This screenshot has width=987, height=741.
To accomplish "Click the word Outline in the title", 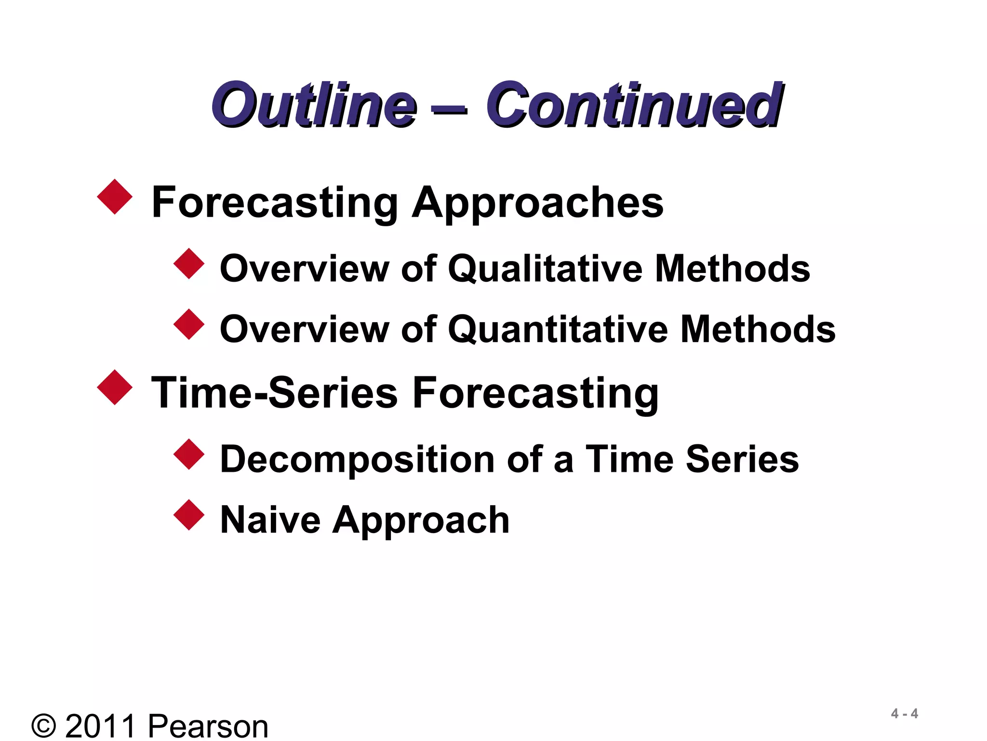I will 314,105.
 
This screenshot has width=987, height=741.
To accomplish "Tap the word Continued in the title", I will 634,105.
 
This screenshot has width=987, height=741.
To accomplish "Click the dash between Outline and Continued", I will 449,110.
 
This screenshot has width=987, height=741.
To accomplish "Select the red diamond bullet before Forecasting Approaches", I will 115,197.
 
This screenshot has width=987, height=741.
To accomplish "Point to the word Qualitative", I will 545,269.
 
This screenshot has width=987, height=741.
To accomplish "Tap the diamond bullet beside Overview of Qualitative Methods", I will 189,264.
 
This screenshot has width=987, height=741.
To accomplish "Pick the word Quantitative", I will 558,329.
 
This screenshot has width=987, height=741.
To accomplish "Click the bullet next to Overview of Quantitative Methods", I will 189,325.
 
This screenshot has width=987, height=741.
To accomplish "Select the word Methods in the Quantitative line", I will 758,329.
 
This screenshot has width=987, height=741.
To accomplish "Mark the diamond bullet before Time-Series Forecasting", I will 115,387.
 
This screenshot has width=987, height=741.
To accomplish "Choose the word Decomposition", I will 357,459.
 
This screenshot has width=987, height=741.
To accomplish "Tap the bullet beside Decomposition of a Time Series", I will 189,454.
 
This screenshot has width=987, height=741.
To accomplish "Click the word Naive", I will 270,520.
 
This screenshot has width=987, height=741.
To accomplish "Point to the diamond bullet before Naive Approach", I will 189,515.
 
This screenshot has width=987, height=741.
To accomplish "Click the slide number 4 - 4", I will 905,714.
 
